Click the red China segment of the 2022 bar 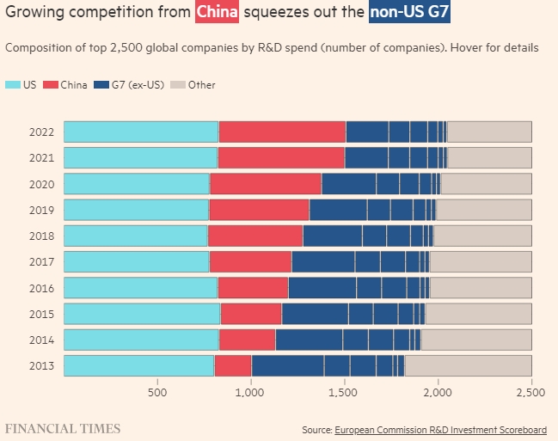[282, 132]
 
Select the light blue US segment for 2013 [138, 365]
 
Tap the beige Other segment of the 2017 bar [480, 261]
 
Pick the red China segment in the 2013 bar [233, 365]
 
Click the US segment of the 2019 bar [136, 210]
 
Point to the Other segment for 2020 [486, 184]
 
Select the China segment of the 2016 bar [253, 287]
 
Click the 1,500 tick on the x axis [344, 392]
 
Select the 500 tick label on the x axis [157, 392]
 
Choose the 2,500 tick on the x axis [530, 392]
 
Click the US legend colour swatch [13, 84]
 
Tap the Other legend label [202, 84]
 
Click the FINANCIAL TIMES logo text [62, 428]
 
